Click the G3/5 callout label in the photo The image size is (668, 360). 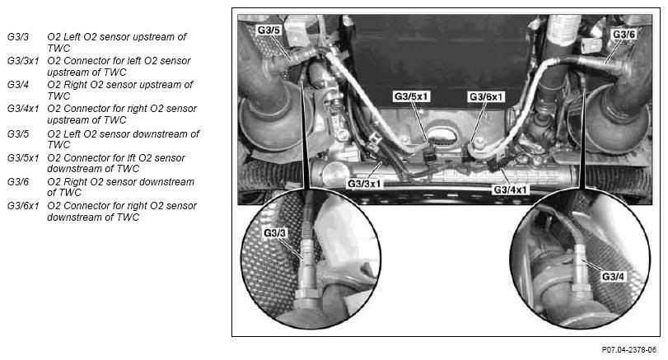click(x=269, y=30)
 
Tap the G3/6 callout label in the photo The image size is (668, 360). click(x=624, y=35)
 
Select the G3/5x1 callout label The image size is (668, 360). click(x=411, y=96)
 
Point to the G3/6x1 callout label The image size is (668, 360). click(x=486, y=97)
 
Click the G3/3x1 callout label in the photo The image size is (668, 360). click(x=364, y=184)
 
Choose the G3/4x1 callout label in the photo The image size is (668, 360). click(x=510, y=189)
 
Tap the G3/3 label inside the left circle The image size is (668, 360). click(x=275, y=233)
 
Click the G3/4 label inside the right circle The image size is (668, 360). click(x=613, y=277)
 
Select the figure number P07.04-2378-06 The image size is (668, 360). click(x=628, y=350)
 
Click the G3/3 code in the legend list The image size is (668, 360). click(x=18, y=37)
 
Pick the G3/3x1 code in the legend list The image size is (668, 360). click(x=23, y=61)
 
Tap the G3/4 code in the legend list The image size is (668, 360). click(x=18, y=85)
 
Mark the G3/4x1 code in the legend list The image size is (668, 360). click(x=23, y=109)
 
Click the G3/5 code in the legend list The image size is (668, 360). click(x=18, y=134)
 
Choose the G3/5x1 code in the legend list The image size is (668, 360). click(x=23, y=158)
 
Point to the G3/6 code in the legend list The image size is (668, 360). click(x=18, y=182)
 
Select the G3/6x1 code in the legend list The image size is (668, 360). click(x=23, y=206)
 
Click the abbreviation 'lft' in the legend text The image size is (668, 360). click(x=131, y=158)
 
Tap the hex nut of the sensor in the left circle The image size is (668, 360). click(x=307, y=293)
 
